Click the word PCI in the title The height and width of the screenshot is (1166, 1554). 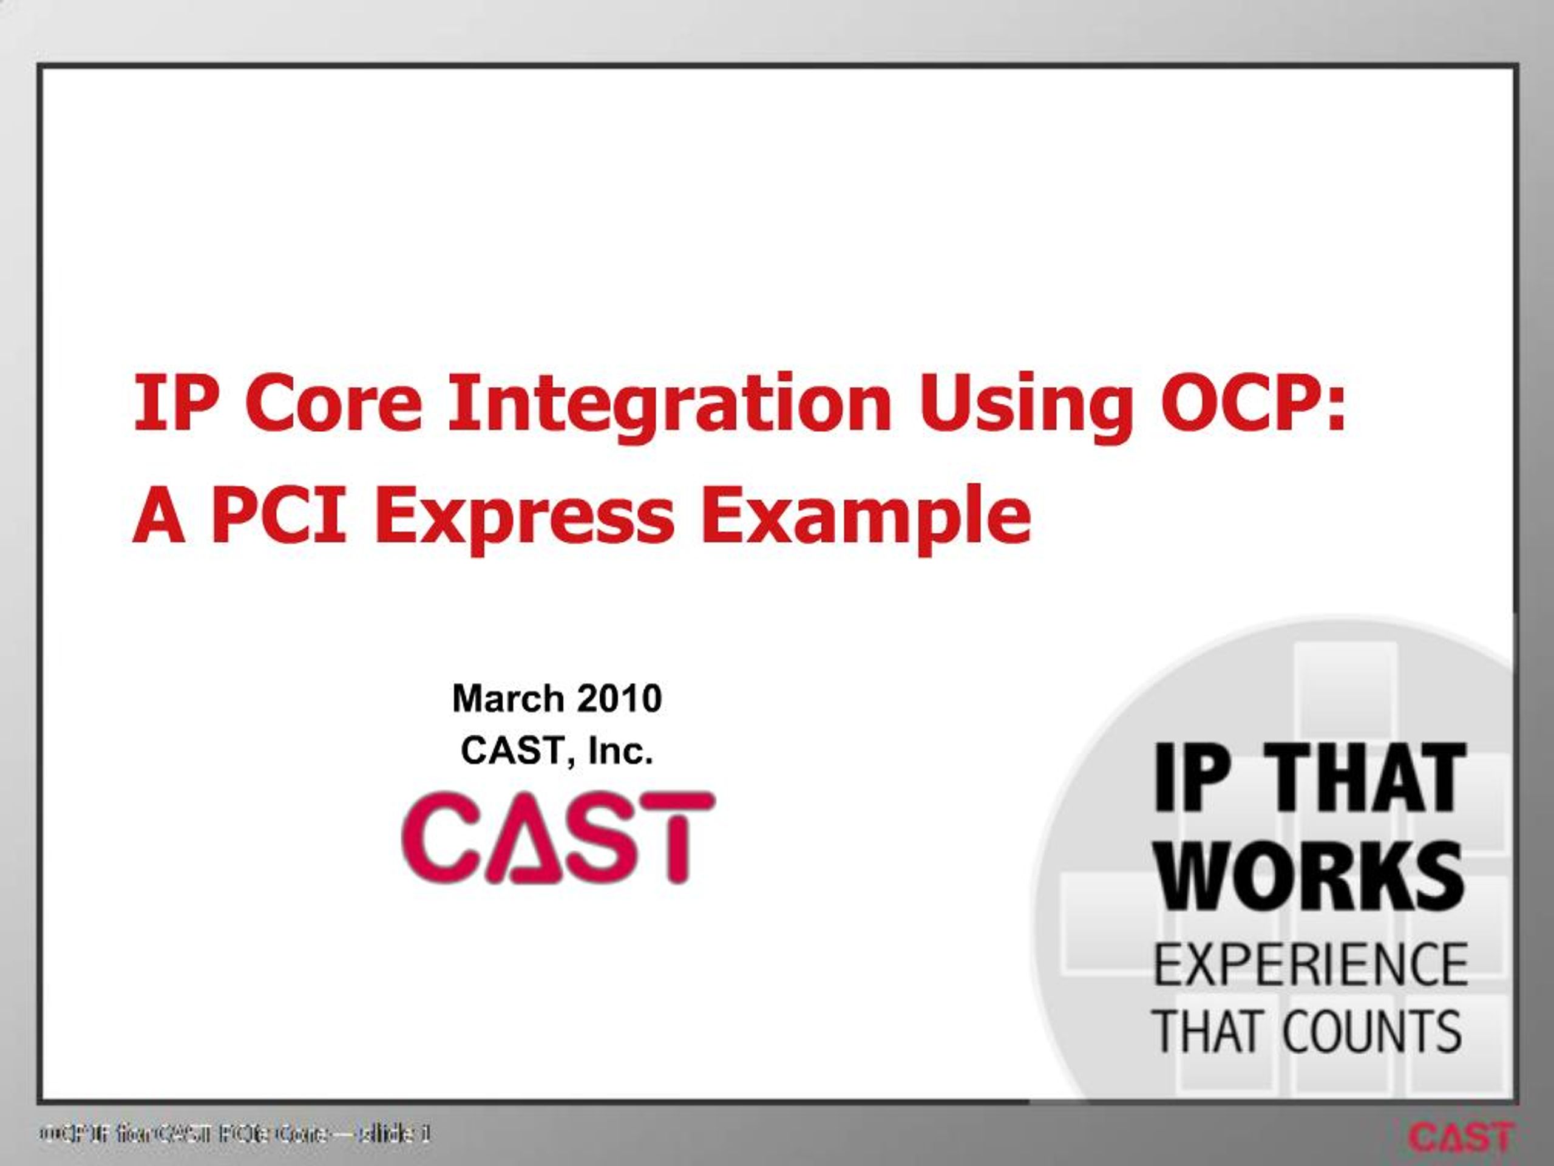point(282,517)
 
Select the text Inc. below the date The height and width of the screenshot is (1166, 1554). point(620,751)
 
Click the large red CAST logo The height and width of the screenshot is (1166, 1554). point(558,837)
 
